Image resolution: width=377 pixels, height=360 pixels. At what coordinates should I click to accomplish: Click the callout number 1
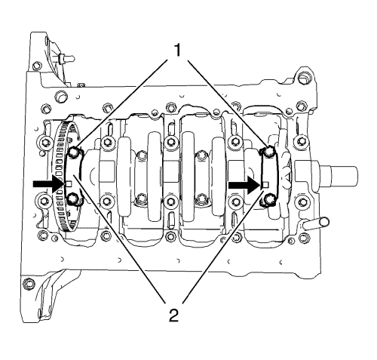[177, 50]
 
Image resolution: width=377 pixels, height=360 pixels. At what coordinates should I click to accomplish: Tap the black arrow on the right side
[244, 185]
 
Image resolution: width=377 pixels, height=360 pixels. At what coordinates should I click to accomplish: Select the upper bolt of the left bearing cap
[73, 152]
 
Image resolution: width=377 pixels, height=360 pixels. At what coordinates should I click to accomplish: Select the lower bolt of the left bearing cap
[72, 199]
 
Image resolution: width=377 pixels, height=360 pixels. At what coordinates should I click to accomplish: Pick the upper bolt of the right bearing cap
[269, 151]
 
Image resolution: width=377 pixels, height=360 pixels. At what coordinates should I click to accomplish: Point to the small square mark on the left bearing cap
[69, 184]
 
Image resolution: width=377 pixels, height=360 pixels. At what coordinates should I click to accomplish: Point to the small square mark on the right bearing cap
[265, 185]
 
